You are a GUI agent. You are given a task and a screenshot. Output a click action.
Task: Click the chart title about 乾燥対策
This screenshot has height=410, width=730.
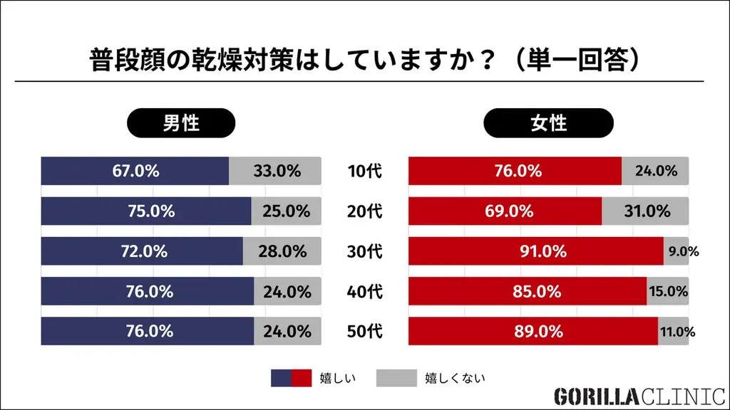click(364, 60)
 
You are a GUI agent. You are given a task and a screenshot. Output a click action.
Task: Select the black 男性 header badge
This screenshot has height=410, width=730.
click(180, 122)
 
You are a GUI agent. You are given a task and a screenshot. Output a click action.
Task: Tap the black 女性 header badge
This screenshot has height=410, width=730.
click(548, 122)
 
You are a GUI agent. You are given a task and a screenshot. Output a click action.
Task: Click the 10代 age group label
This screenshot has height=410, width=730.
click(364, 171)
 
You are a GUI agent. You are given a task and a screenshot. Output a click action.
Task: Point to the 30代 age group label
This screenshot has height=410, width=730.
click(364, 251)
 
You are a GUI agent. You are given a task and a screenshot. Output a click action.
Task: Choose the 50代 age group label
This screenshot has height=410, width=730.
click(364, 332)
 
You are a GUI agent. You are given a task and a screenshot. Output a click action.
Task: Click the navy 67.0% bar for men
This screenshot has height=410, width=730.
click(135, 171)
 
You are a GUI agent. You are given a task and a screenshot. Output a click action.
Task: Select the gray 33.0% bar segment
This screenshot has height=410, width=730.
click(276, 171)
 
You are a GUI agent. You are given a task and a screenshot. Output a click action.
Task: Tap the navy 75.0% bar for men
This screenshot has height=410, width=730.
click(146, 211)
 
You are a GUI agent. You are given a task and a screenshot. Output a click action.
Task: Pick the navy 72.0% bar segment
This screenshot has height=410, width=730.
click(141, 251)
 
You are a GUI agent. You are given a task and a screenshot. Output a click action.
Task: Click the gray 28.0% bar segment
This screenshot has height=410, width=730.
click(282, 251)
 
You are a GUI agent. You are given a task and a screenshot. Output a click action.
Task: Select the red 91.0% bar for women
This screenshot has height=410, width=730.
click(535, 251)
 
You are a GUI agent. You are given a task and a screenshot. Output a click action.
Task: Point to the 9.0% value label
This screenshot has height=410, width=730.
click(683, 251)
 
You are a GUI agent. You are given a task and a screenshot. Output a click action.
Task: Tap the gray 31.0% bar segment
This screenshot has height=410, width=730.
click(645, 211)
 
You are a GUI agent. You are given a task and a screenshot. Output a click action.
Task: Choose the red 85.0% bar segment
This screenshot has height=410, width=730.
click(527, 291)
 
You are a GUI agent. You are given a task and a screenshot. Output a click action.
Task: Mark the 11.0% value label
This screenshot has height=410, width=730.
click(679, 332)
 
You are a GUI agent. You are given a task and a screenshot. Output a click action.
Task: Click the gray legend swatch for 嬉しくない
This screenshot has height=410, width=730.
click(396, 378)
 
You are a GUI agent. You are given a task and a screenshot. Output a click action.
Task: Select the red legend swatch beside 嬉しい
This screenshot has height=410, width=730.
click(302, 378)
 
